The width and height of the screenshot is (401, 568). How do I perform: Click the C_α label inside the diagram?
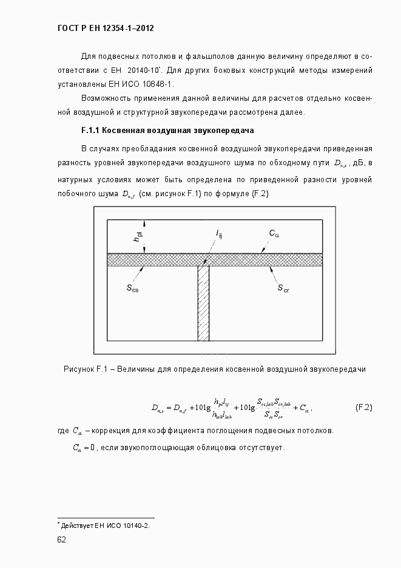coord(273,233)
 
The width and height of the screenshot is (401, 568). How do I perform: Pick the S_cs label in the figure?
coord(132,289)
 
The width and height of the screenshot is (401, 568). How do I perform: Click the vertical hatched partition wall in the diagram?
coord(203,304)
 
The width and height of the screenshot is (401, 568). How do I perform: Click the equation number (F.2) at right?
coord(363,407)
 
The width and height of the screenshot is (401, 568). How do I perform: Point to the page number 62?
coord(62,539)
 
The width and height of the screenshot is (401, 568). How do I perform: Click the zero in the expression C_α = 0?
coord(93,448)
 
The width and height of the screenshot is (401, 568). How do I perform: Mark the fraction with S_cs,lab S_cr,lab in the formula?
coord(274,408)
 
